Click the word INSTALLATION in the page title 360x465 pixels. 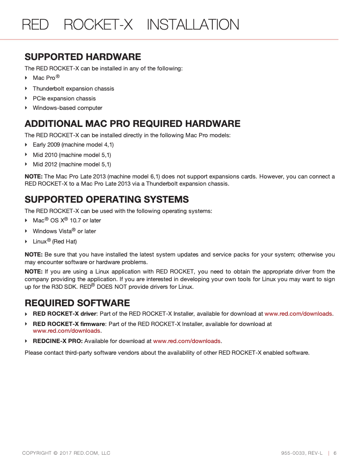pyautogui.click(x=193, y=25)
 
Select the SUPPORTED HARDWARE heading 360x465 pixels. pyautogui.click(x=83, y=57)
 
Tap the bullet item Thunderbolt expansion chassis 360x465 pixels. pyautogui.click(x=73, y=89)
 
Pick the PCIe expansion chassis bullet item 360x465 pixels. pyautogui.click(x=64, y=99)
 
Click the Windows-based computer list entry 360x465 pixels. pyautogui.click(x=67, y=108)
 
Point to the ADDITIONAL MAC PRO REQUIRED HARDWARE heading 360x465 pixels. pyautogui.click(x=132, y=124)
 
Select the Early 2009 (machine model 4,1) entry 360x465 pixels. pyautogui.click(x=73, y=145)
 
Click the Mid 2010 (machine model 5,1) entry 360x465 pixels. pyautogui.click(x=72, y=155)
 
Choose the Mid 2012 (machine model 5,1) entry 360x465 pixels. pyautogui.click(x=72, y=165)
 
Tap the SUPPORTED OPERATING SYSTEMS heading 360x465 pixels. pyautogui.click(x=106, y=200)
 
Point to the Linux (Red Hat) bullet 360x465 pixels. pyautogui.click(x=55, y=242)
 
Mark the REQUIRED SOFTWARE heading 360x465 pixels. pyautogui.click(x=77, y=303)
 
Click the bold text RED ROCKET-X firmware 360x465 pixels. pyautogui.click(x=69, y=324)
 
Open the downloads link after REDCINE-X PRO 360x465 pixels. pyautogui.click(x=187, y=341)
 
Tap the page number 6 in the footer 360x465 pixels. pyautogui.click(x=335, y=453)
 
